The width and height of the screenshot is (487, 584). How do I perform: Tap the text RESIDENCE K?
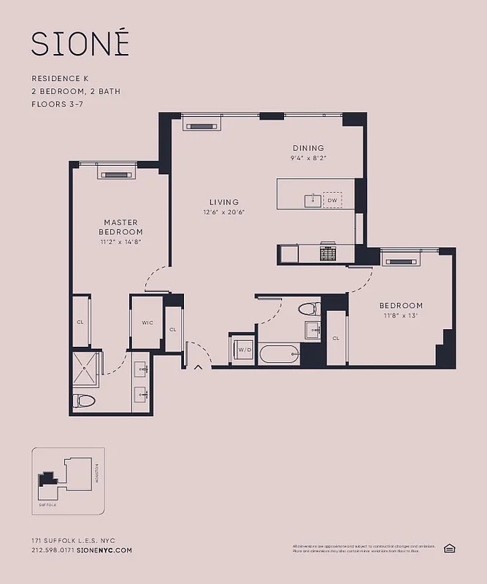[61, 78]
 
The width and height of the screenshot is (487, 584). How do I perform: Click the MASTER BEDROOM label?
[120, 227]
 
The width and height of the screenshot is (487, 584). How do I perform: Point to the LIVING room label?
[224, 202]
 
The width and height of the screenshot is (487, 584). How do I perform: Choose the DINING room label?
[307, 148]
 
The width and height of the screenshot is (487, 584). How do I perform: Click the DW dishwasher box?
[332, 199]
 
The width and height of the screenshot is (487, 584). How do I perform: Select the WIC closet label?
[147, 322]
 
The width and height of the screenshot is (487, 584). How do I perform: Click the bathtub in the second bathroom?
[279, 355]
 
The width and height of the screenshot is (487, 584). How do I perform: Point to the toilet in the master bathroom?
[85, 401]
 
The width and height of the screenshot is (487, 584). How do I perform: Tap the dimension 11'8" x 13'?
[400, 315]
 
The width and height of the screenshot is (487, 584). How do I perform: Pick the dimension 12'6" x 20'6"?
[224, 212]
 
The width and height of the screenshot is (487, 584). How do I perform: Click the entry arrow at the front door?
[198, 367]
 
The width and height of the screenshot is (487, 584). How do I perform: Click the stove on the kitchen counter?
[328, 253]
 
